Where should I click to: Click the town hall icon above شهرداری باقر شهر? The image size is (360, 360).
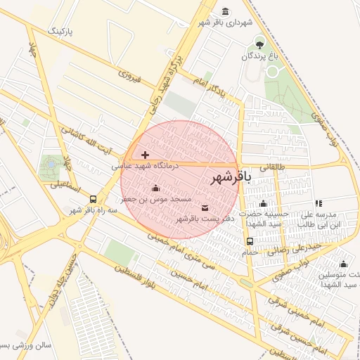point(225,12)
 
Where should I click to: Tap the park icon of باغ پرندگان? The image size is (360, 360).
point(259,43)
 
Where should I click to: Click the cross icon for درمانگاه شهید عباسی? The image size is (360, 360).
point(146,155)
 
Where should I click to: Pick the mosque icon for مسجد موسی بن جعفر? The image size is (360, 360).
point(155,188)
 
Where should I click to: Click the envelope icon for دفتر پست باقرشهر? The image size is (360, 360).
point(205,207)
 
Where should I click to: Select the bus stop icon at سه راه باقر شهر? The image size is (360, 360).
point(94,199)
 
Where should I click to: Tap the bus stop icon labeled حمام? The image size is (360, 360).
point(250,241)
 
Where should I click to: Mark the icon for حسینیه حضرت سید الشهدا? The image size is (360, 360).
point(263,203)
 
